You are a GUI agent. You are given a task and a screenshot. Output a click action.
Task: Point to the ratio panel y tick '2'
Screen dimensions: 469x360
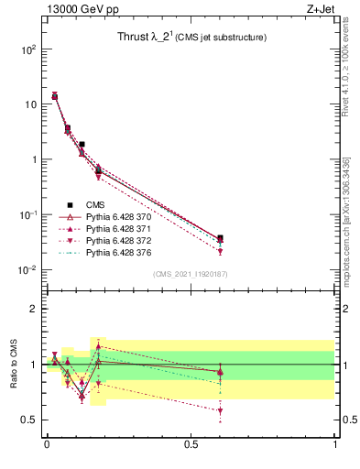(x=32, y=309)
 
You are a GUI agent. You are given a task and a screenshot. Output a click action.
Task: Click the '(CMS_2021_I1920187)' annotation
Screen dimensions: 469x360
(x=190, y=274)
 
